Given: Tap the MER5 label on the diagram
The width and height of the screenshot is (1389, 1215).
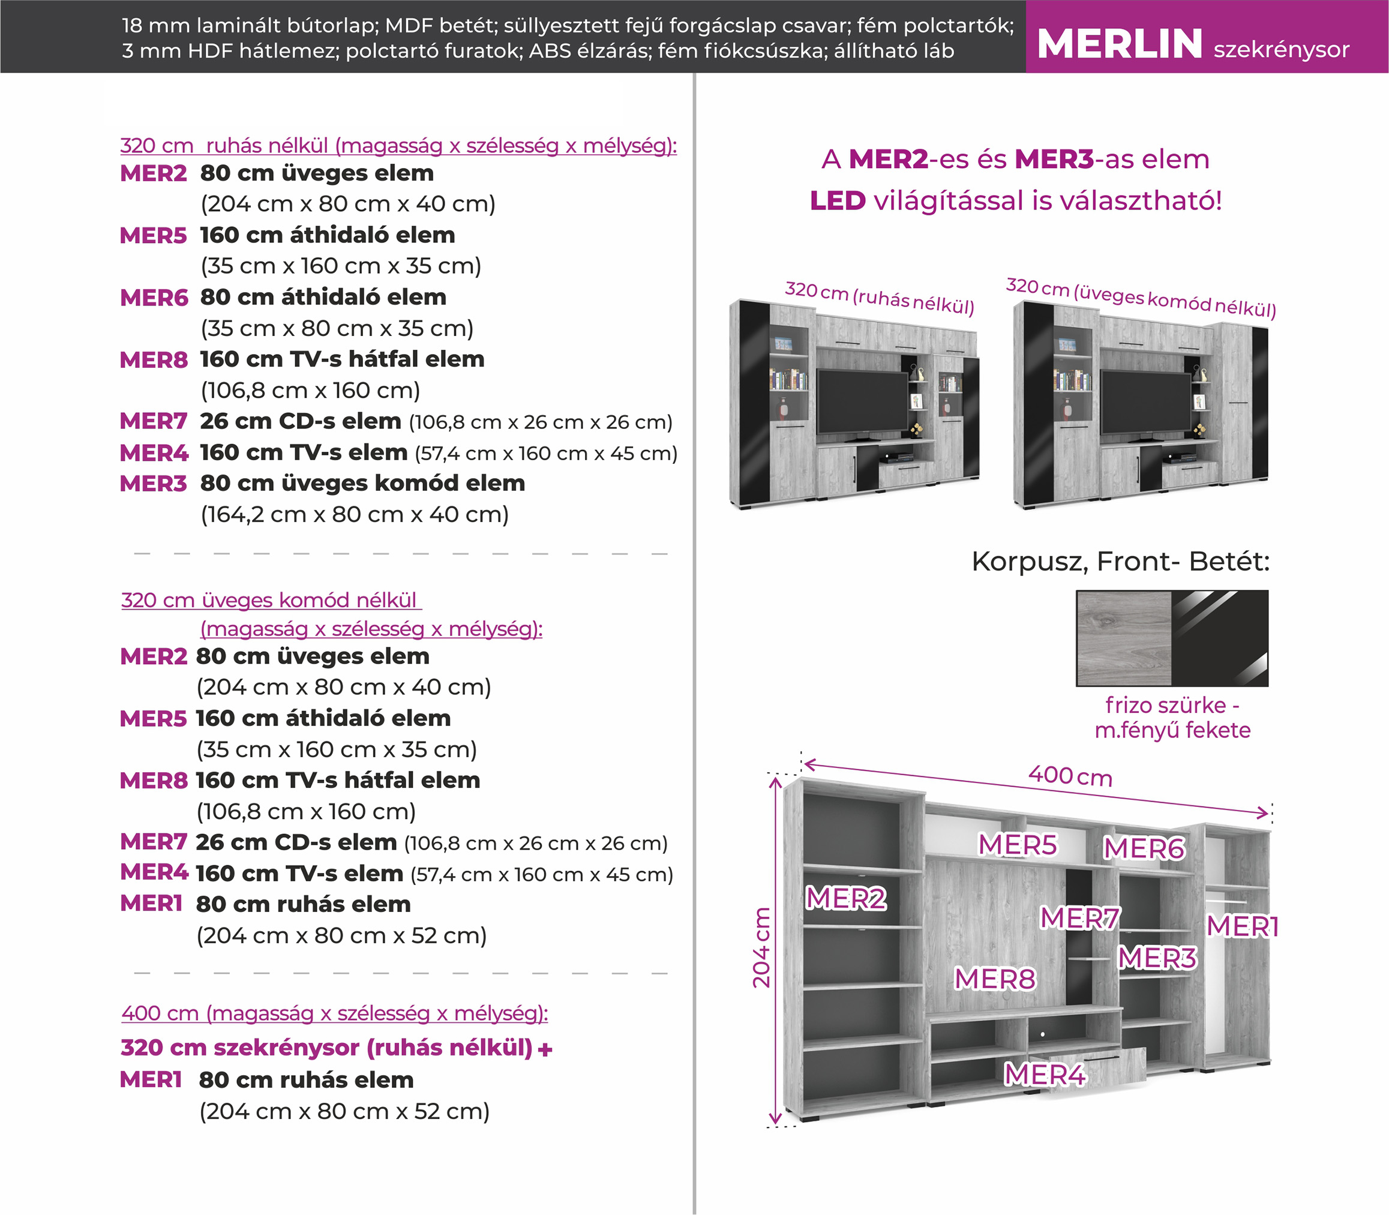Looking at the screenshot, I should tap(1018, 845).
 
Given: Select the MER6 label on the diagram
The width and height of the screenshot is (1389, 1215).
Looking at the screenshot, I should tap(1144, 848).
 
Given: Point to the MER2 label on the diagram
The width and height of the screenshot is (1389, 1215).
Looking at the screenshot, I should tap(846, 898).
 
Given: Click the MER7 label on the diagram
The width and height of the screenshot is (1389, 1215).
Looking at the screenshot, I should tap(1080, 918).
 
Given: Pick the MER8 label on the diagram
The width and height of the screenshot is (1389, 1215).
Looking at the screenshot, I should tap(995, 979).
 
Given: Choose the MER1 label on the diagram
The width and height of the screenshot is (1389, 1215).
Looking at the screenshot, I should tap(1242, 926).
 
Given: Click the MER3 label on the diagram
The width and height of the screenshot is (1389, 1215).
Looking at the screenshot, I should tap(1157, 958).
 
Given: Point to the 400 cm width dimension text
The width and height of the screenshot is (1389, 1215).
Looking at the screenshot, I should tap(1070, 776).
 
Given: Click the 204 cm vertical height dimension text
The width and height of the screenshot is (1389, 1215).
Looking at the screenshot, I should tap(762, 947).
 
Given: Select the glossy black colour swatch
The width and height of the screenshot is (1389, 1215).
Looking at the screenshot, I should tap(1220, 638).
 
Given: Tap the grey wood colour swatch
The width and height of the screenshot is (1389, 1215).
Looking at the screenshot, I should tap(1124, 638).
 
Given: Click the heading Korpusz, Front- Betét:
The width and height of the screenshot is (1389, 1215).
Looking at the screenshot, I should tap(1120, 562).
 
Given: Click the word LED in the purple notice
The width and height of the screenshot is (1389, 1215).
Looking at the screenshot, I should tap(837, 200).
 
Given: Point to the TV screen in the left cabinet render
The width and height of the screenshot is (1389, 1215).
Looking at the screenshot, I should tap(862, 401).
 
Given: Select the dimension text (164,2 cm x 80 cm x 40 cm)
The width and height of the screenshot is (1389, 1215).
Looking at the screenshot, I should tap(355, 515).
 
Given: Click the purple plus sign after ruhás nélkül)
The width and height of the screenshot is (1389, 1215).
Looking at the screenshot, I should tap(545, 1049).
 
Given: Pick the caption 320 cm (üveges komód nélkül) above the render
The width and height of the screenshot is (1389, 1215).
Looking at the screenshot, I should tap(1141, 297).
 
